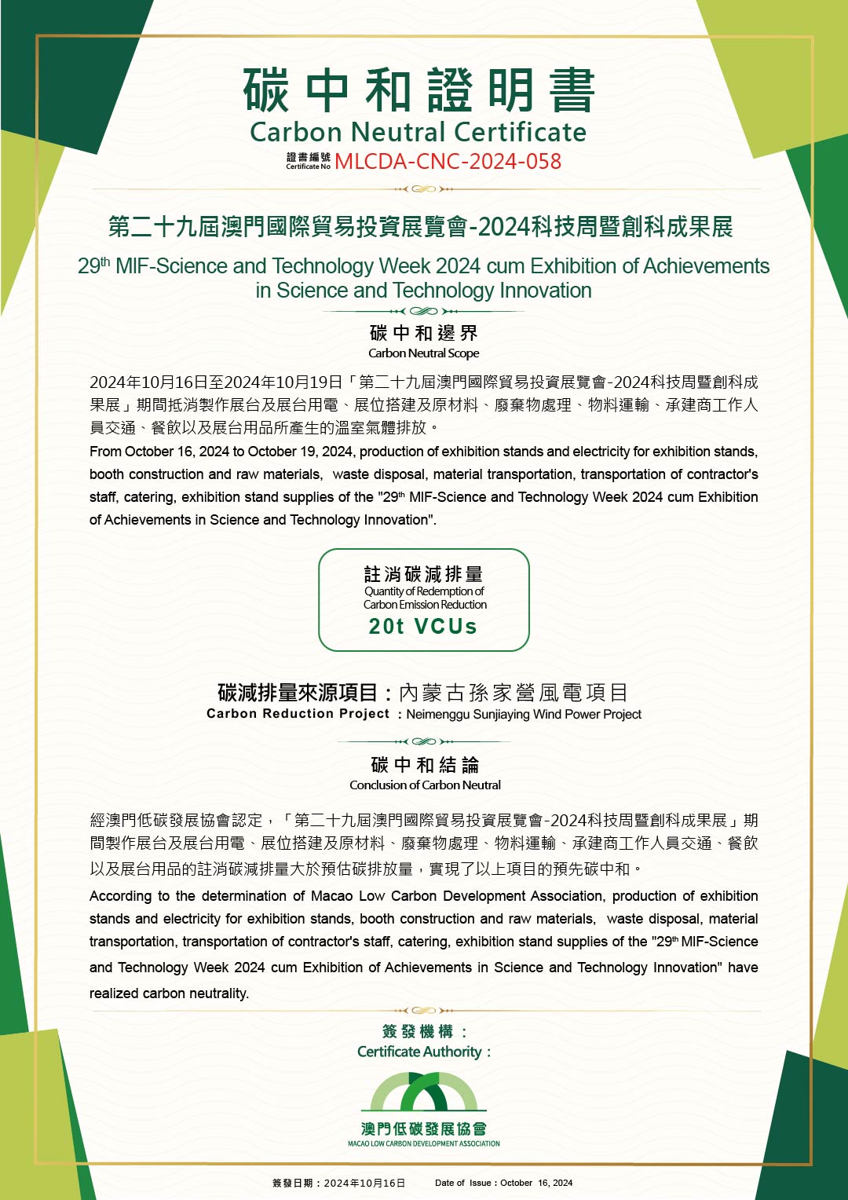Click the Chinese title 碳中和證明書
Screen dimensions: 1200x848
coord(419,90)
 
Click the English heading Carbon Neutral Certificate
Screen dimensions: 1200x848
coord(418,132)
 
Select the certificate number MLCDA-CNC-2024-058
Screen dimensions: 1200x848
coord(448,162)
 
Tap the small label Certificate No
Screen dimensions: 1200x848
coord(308,166)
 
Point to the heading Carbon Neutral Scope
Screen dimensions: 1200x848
coord(423,353)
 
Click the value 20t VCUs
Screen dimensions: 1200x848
coord(423,626)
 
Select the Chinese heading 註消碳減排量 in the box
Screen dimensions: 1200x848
coord(423,574)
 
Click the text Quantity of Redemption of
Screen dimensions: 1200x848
coord(424,591)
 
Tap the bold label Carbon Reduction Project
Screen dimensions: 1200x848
coord(298,714)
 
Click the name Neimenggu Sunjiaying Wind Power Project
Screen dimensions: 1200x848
coord(524,715)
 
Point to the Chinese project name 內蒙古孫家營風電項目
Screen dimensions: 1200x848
coord(514,693)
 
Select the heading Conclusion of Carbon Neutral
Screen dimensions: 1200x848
coord(425,785)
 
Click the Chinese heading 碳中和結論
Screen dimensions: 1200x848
coord(425,765)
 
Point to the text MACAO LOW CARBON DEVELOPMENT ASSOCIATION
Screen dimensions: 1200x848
coord(424,1143)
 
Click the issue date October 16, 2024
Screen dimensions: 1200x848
coord(536,1183)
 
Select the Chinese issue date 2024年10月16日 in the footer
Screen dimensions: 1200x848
coord(364,1183)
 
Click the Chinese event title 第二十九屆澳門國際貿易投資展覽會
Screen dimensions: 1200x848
coord(289,227)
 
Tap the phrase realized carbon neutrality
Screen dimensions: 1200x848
coord(169,993)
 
